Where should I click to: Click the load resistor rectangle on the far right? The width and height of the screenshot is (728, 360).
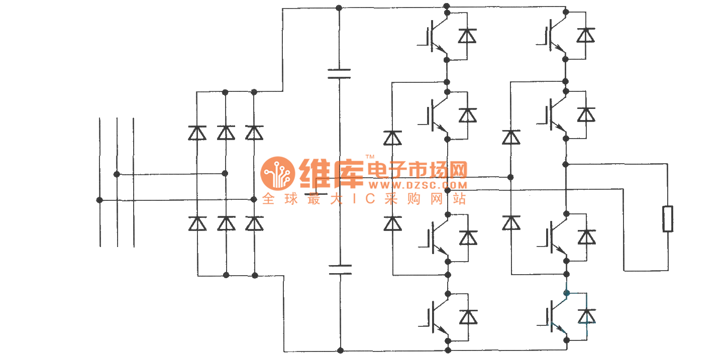[668, 219]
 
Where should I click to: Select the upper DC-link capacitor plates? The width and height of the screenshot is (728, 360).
[339, 74]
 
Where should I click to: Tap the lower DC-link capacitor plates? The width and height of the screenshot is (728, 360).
[340, 270]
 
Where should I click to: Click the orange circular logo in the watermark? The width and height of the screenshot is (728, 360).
[277, 173]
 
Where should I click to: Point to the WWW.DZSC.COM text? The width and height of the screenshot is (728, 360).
[418, 186]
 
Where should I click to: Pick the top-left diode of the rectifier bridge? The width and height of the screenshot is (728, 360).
[197, 133]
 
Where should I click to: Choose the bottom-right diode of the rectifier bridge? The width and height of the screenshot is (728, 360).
[255, 223]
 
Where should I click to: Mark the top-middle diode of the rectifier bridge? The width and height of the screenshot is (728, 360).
[226, 133]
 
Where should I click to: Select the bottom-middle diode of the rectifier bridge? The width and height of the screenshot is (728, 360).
[226, 223]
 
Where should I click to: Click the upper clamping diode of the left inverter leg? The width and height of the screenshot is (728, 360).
[392, 138]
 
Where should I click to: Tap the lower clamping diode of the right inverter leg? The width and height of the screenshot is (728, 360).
[511, 223]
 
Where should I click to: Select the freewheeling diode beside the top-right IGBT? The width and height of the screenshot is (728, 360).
[586, 36]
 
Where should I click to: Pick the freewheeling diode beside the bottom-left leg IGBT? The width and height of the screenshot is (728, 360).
[468, 317]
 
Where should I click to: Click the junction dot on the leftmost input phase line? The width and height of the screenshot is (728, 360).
[99, 200]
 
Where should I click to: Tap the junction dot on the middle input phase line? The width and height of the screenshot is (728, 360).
[117, 174]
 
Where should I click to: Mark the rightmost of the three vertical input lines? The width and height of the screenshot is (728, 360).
[134, 182]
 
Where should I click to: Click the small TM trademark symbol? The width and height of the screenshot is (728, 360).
[370, 157]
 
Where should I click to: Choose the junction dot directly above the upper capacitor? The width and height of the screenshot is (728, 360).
[339, 8]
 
